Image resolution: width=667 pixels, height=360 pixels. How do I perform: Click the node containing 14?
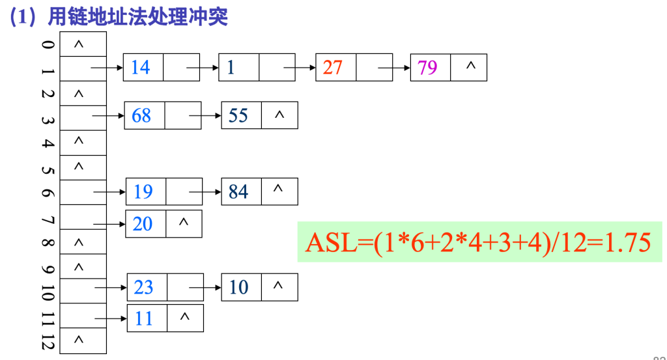pyautogui.click(x=141, y=67)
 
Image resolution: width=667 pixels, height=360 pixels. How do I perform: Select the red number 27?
pyautogui.click(x=332, y=67)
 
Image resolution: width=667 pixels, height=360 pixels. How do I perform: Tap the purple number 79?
pyautogui.click(x=428, y=67)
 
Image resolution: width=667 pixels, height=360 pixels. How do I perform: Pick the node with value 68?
pyautogui.click(x=141, y=116)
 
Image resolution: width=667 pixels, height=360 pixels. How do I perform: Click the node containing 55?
pyautogui.click(x=238, y=116)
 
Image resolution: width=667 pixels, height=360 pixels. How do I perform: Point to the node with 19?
pyautogui.click(x=143, y=192)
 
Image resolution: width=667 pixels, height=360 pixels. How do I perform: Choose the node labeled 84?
pyautogui.click(x=238, y=192)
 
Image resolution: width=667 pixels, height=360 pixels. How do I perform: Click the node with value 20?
pyautogui.click(x=143, y=224)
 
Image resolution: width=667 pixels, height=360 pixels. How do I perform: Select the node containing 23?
pyautogui.click(x=144, y=287)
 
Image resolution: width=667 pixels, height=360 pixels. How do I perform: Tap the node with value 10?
pyautogui.click(x=239, y=287)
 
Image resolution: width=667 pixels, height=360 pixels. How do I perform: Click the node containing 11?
pyautogui.click(x=144, y=318)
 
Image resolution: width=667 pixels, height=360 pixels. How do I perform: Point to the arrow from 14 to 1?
pyautogui.click(x=202, y=67)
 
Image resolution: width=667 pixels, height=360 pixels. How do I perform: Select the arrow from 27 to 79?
pyautogui.click(x=394, y=67)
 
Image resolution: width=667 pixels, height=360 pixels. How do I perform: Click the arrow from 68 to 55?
pyautogui.click(x=205, y=116)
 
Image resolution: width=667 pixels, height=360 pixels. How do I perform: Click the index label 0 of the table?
pyautogui.click(x=47, y=44)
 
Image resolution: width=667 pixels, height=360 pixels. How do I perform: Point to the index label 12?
pyautogui.click(x=47, y=341)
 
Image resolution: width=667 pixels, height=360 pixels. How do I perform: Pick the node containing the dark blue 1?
pyautogui.click(x=231, y=67)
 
